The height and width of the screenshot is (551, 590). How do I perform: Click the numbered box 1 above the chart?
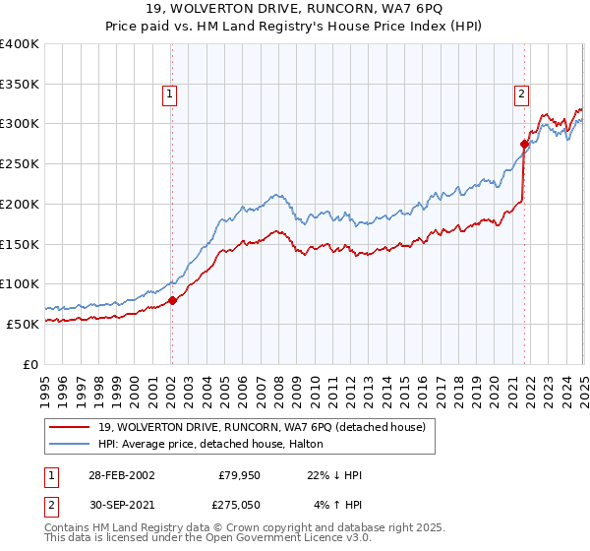pos(170,94)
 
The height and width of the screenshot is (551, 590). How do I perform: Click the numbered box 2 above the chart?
pos(520,94)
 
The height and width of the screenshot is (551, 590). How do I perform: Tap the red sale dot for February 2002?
pos(172,300)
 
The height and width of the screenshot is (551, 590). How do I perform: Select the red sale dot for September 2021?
pos(524,144)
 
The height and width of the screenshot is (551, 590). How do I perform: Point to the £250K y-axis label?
pos(19,163)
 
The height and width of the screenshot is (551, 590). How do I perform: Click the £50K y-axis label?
pos(23,324)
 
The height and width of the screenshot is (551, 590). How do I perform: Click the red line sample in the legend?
pos(69,427)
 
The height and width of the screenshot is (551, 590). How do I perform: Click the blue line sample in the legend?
pos(69,444)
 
